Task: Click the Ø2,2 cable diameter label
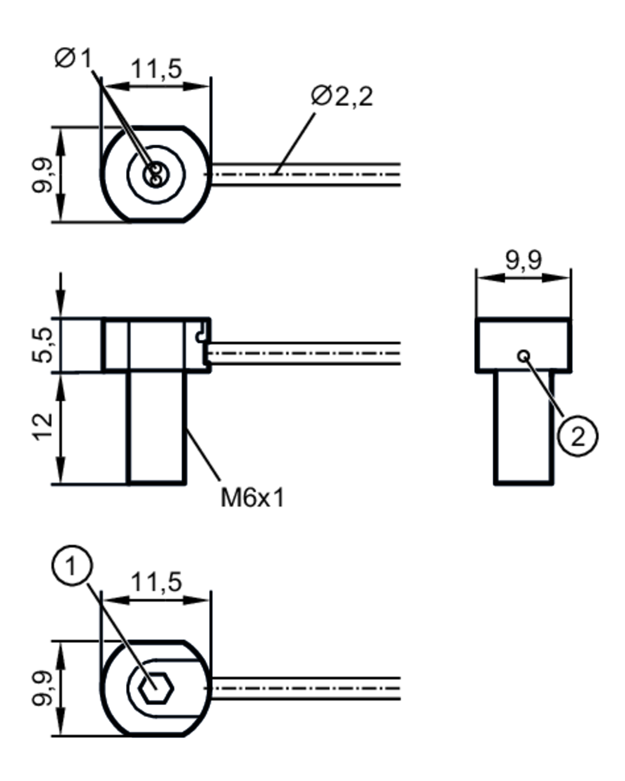click(x=342, y=97)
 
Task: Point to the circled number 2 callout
click(x=577, y=436)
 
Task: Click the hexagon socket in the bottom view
click(x=157, y=688)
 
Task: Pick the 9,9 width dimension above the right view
click(x=524, y=260)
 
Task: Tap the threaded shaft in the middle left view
click(x=157, y=427)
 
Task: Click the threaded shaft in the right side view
click(x=524, y=427)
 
